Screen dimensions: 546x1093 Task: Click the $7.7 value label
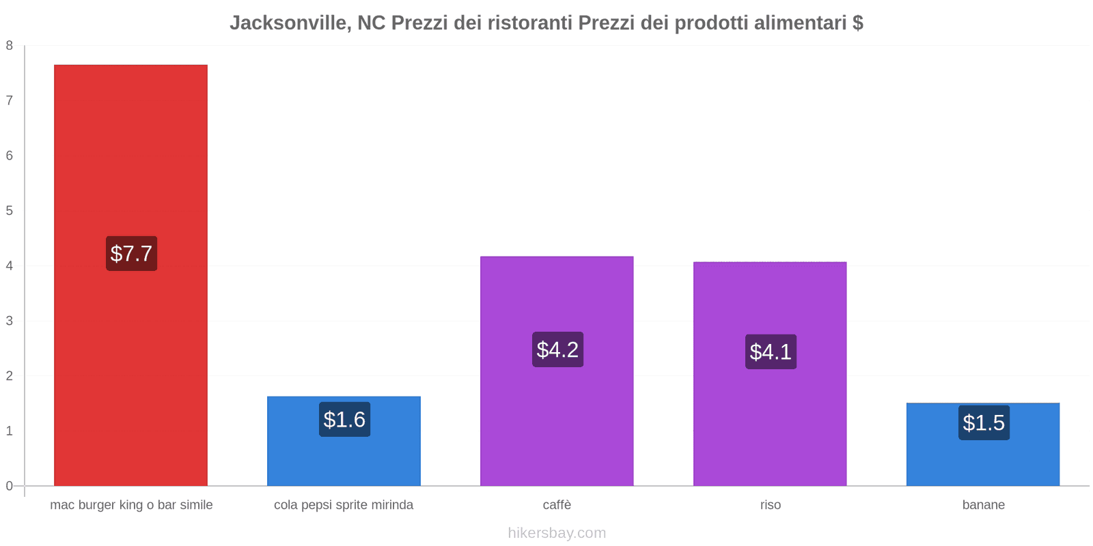click(131, 253)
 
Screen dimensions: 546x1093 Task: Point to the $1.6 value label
click(344, 419)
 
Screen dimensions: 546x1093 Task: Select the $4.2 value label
click(557, 349)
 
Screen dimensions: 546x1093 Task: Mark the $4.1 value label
click(771, 351)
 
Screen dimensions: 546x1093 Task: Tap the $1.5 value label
click(984, 422)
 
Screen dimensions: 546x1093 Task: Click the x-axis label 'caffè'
click(557, 505)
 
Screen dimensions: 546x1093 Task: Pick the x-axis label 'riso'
click(770, 505)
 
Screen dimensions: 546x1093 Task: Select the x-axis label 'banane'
click(983, 505)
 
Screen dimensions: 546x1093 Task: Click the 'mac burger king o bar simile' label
click(131, 505)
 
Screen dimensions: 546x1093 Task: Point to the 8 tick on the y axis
click(10, 46)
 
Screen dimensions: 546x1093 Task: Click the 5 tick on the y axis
click(10, 211)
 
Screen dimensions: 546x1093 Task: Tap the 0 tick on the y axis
click(10, 486)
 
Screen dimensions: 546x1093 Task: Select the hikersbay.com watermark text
click(557, 533)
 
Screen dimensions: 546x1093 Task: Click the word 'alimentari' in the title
click(800, 23)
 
